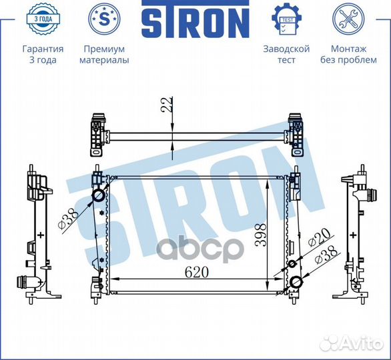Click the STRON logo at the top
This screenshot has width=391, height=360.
pos(195,19)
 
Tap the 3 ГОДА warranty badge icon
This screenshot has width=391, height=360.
pos(43,19)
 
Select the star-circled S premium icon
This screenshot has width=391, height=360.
pos(104,19)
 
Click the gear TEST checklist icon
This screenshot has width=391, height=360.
pos(287,19)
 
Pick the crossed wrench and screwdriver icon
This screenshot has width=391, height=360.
pos(348,19)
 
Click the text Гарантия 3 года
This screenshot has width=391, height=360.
pos(43,54)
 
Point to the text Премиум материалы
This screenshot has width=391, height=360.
pos(104,54)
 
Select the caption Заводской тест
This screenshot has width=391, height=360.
pos(286,54)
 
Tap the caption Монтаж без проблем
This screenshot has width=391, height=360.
pos(348,54)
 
